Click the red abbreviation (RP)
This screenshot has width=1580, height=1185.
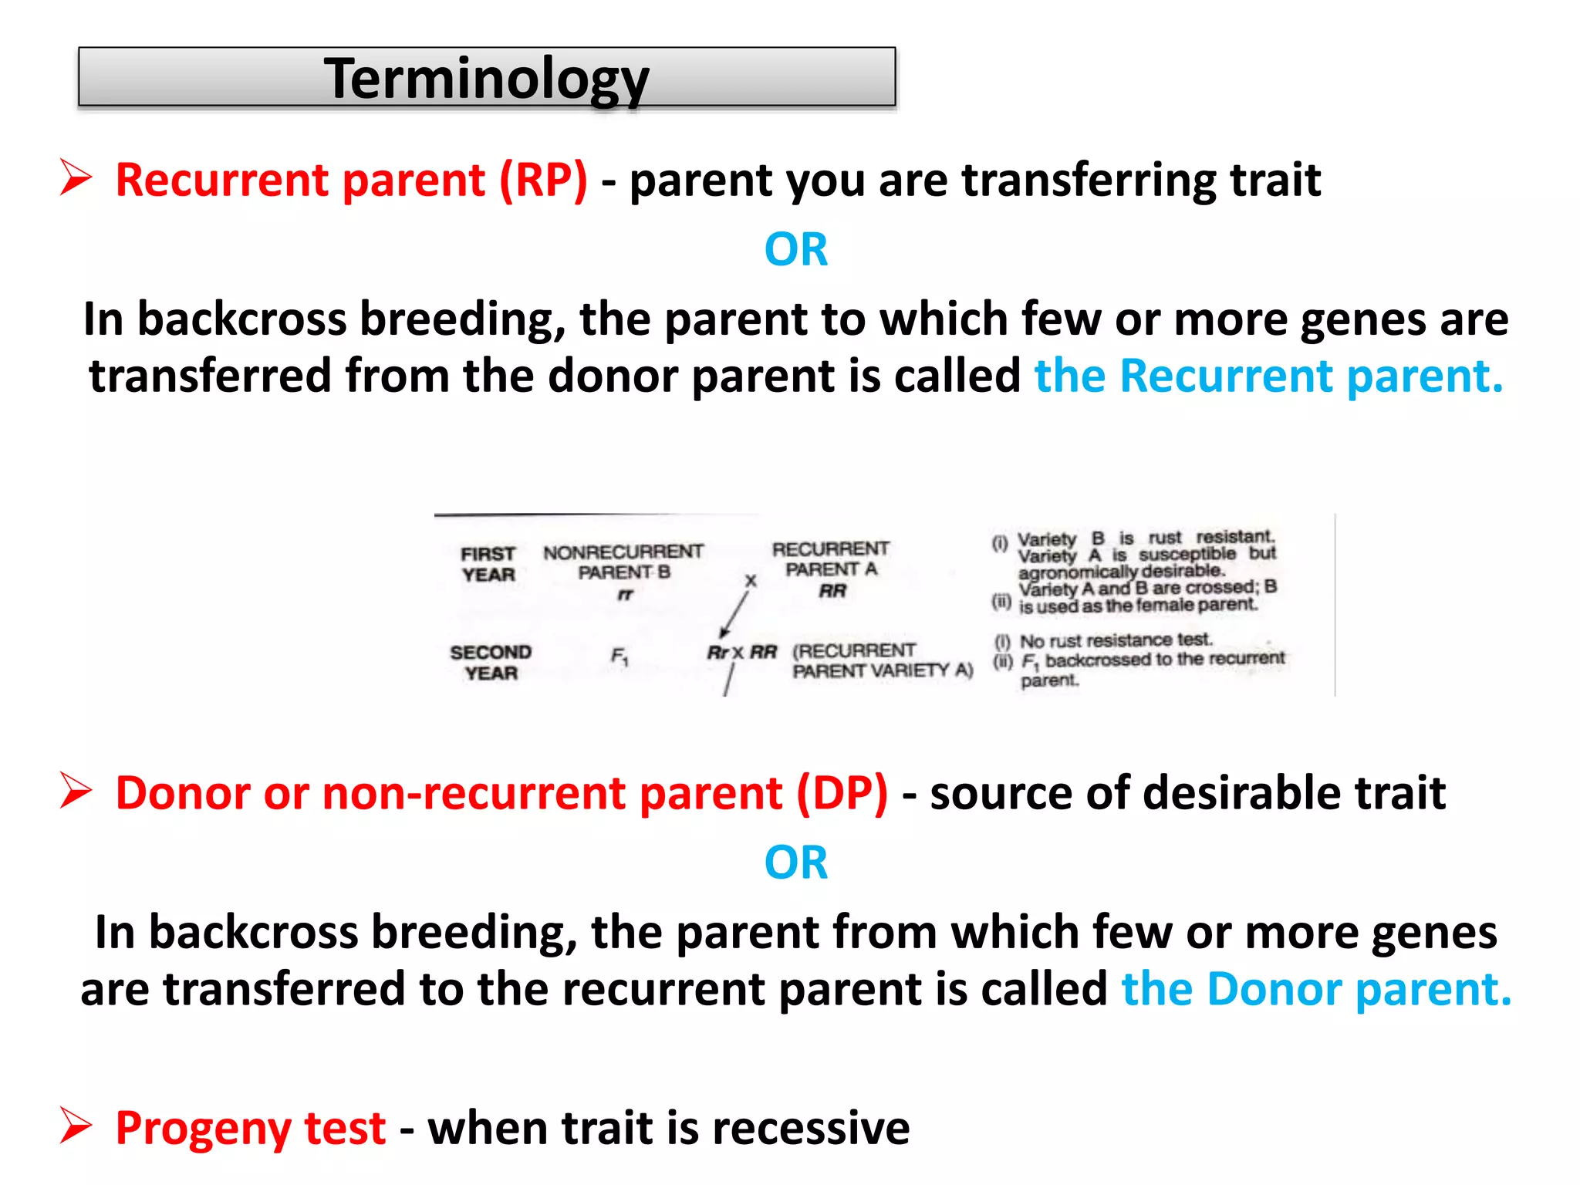543,181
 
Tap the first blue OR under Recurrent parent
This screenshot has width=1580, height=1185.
795,250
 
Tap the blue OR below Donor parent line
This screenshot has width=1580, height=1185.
795,863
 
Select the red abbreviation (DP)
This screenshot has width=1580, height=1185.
842,794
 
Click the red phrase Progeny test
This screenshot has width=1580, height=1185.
250,1129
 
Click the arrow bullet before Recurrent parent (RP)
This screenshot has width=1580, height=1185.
76,178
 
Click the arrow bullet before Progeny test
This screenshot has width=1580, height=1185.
76,1126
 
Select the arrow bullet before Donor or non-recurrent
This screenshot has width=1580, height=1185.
76,792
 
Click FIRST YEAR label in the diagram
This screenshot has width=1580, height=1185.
488,564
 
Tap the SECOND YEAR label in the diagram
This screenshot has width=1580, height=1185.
491,663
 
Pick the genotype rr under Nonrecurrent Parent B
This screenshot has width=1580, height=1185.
624,595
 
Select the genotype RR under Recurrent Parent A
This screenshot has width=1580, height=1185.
832,591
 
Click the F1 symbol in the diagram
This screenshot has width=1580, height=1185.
620,657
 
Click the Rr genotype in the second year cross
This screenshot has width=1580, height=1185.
717,653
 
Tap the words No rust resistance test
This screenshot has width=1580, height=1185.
1116,640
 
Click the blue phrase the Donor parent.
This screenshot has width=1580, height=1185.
1315,990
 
